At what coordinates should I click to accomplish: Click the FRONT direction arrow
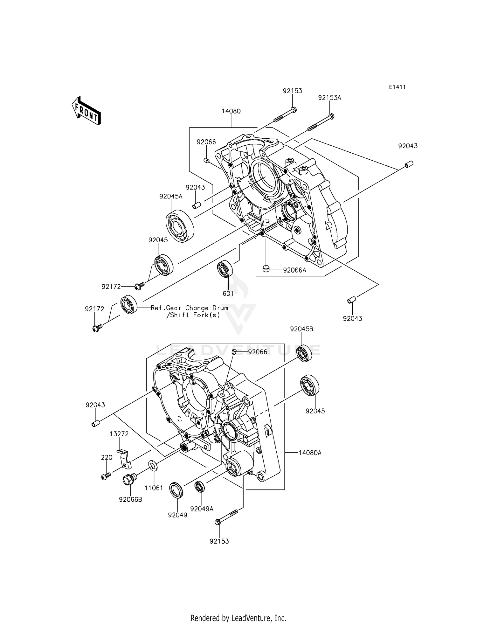pyautogui.click(x=86, y=111)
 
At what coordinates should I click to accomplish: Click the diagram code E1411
pyautogui.click(x=397, y=87)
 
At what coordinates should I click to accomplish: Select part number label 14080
pyautogui.click(x=231, y=111)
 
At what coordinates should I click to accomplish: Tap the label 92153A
pyautogui.click(x=329, y=98)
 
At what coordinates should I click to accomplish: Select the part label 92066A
pyautogui.click(x=294, y=270)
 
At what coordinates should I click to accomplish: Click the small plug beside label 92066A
pyautogui.click(x=266, y=269)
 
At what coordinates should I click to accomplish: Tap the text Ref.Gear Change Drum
pyautogui.click(x=190, y=308)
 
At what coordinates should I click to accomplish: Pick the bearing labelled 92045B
pyautogui.click(x=304, y=353)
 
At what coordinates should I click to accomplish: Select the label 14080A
pyautogui.click(x=310, y=453)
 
